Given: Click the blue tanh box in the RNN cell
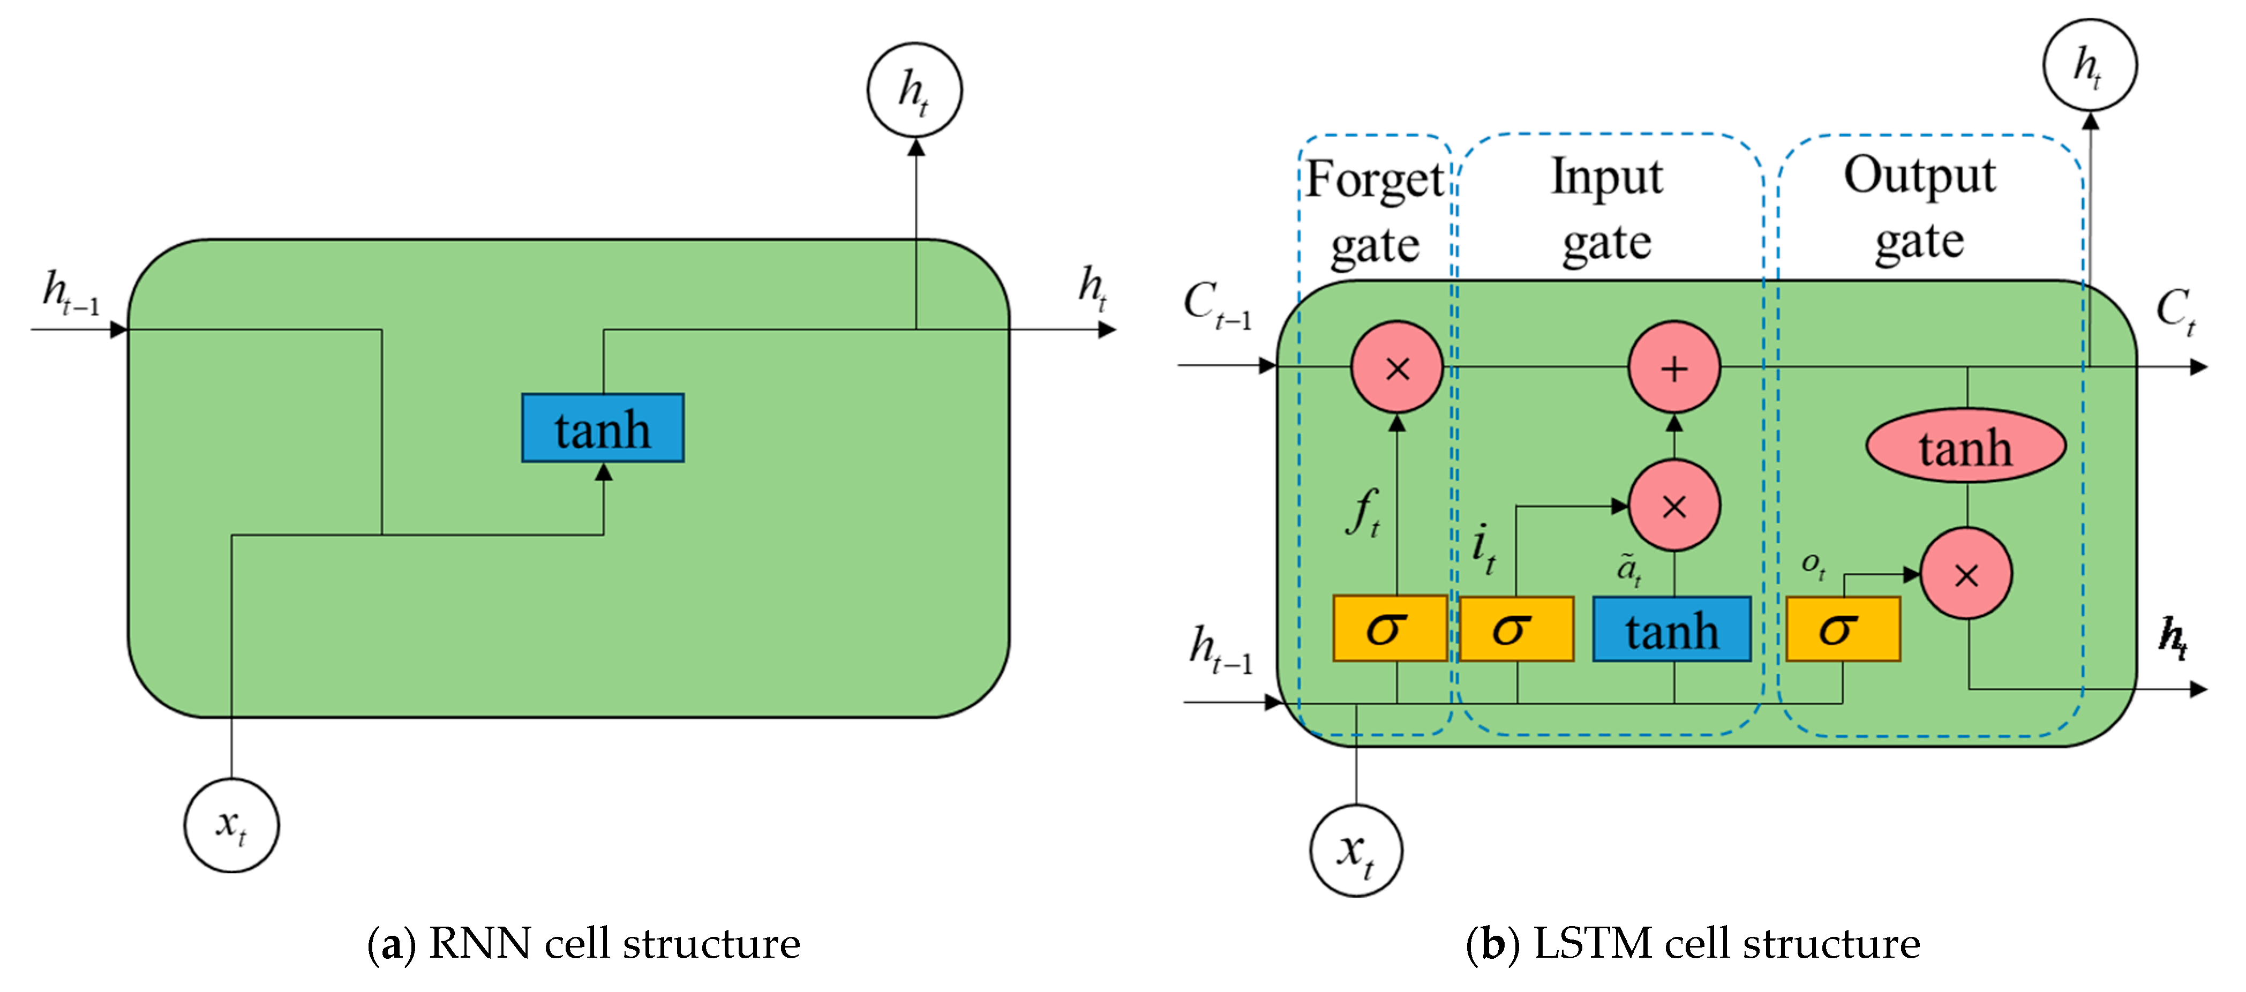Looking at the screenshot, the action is [603, 428].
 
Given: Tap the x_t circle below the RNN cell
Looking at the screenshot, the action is [232, 825].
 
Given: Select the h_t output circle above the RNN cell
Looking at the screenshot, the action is [914, 90].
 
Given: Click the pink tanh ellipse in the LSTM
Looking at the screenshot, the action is [1965, 446].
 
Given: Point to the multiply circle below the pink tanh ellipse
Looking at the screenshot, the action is [1966, 574].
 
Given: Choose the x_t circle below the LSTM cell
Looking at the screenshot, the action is [1356, 850].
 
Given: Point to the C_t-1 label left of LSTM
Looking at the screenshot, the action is [1217, 305].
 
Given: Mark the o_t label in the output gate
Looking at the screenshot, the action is [1814, 565].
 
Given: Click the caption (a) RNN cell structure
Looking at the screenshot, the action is [583, 944].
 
